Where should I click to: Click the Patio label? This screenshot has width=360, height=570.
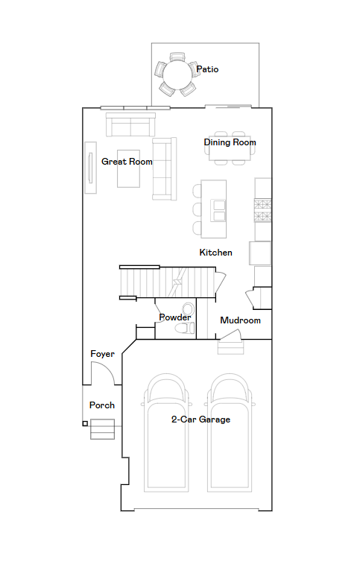point(207,69)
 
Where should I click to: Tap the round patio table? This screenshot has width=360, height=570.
point(177,75)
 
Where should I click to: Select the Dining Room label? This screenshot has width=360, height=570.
point(230,142)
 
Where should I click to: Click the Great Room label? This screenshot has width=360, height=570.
point(127,162)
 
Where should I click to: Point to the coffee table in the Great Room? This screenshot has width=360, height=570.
point(128,168)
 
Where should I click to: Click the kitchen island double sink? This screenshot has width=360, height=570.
point(219,210)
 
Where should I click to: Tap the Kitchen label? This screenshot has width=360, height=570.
point(215,253)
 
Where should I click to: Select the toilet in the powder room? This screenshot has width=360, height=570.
point(185,329)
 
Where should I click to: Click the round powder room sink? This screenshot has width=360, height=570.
point(188,309)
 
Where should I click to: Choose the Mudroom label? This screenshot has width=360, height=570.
point(240,320)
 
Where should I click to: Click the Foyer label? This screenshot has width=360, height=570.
point(102,354)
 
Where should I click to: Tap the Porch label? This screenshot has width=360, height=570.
point(102,405)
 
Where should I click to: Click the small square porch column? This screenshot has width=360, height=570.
point(85,423)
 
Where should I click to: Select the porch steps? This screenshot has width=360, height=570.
point(102,429)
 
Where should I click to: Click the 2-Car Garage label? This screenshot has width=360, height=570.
point(200,419)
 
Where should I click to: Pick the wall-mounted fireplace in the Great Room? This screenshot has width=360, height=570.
point(90,168)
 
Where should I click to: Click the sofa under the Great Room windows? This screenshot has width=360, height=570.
point(130,124)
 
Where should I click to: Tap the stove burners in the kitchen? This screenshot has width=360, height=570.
point(262,210)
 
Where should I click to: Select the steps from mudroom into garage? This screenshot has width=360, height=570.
point(230,346)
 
